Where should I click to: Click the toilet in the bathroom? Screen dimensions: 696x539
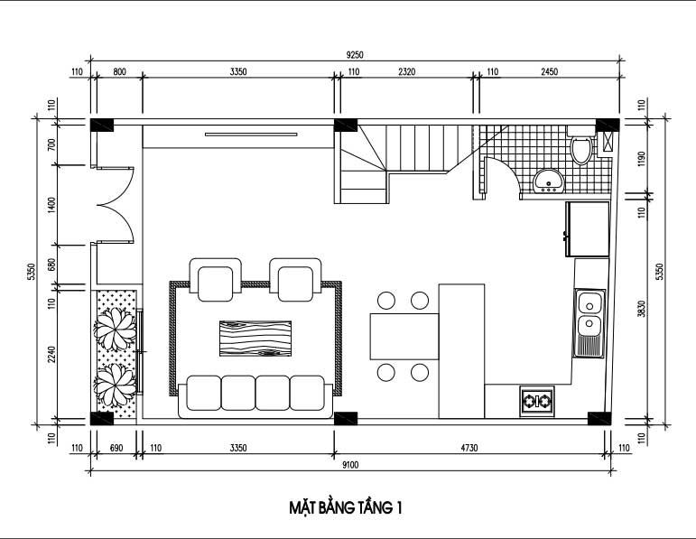(581, 145)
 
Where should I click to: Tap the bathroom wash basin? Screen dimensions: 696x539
(548, 181)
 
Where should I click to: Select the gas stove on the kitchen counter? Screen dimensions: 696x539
(537, 402)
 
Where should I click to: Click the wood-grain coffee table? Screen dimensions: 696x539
(255, 339)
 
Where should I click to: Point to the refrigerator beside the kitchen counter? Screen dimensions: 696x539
(587, 229)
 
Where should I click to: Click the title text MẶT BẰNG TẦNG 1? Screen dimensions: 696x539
(346, 507)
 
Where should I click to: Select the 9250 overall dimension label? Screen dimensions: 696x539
(355, 55)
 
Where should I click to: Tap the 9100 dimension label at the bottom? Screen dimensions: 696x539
(350, 465)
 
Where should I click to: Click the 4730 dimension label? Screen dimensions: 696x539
(469, 448)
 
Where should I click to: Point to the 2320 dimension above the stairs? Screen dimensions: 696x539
(406, 71)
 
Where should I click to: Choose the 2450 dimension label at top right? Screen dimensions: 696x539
(549, 71)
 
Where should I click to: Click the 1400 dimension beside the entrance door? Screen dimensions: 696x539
(51, 206)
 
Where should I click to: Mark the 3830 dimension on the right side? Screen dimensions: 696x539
(642, 309)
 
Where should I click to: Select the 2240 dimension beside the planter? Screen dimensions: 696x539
(51, 355)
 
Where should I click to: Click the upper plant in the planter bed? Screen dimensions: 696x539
(115, 329)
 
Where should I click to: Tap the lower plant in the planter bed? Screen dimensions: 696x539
(115, 386)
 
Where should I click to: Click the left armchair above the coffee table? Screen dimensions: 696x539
(215, 280)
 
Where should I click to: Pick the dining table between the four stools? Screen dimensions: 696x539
(404, 336)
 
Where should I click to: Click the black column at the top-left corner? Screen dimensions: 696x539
(102, 125)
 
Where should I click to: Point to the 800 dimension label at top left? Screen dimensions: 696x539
(119, 71)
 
